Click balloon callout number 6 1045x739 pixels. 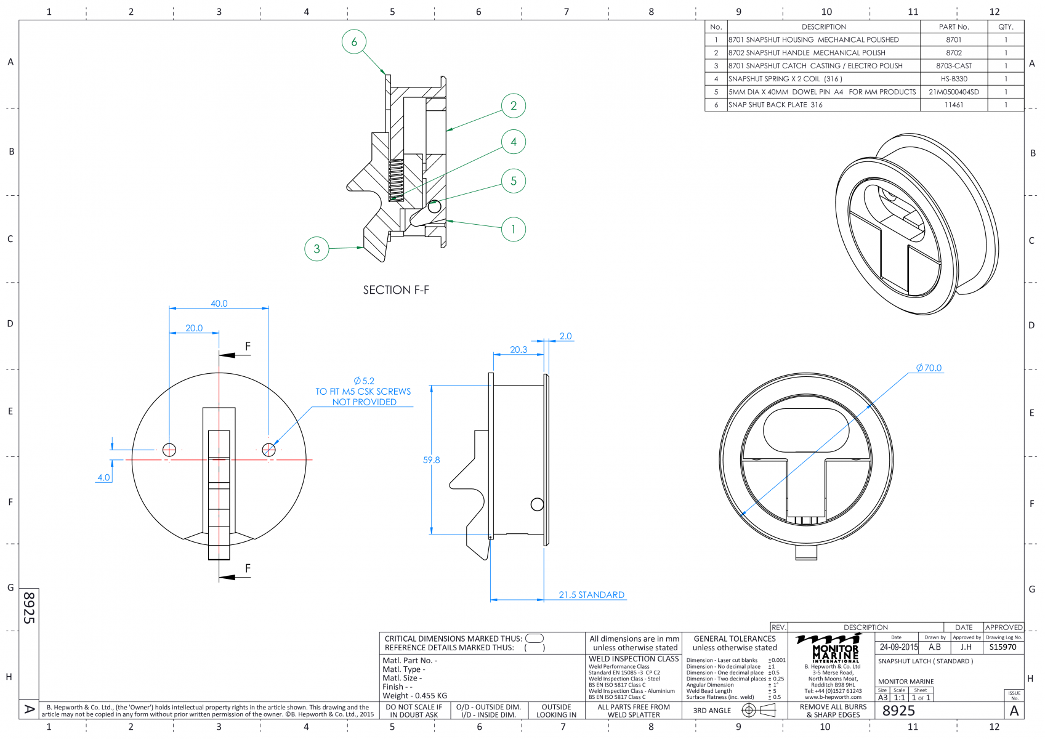354,41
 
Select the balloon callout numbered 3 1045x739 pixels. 317,249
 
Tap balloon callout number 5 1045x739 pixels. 514,180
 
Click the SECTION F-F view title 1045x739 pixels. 396,289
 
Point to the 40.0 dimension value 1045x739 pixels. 219,303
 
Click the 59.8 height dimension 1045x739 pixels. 431,460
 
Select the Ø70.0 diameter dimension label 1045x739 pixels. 929,368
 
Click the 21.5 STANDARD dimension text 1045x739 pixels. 592,595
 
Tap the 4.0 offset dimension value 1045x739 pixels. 103,477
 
